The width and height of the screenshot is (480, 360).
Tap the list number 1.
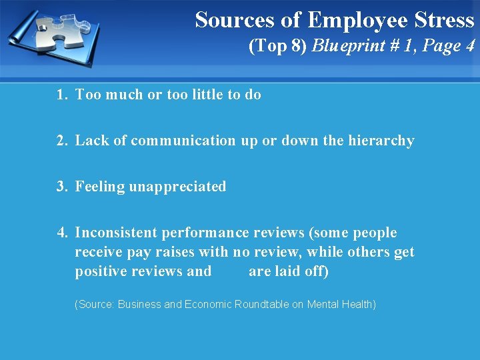(62, 95)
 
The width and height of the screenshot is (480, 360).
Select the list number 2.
(62, 141)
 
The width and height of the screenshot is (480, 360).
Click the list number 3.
(62, 187)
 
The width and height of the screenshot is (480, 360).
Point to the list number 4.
(62, 233)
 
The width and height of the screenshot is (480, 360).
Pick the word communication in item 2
(183, 141)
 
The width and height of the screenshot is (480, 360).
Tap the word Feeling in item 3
(100, 187)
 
